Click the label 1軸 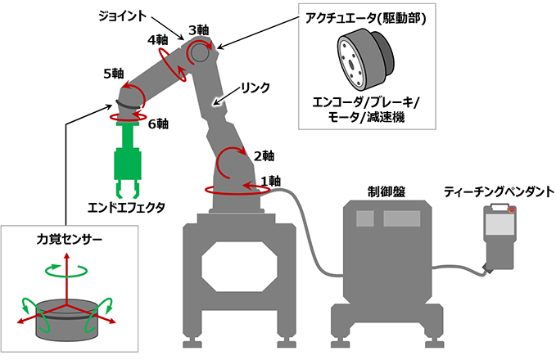(x=272, y=180)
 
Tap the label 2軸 (x=264, y=155)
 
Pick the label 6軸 (x=157, y=124)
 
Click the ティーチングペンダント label (x=499, y=191)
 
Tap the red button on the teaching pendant (x=513, y=211)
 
